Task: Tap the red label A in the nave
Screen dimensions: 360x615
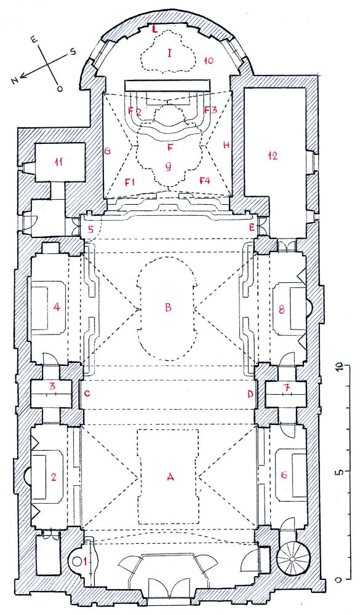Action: click(170, 477)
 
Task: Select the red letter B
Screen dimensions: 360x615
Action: click(169, 307)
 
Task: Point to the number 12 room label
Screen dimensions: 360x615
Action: click(273, 156)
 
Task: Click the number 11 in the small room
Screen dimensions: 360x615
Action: click(59, 162)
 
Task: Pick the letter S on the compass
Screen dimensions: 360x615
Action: click(73, 52)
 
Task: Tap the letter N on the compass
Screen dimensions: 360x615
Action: click(15, 81)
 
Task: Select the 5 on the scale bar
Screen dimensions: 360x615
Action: click(341, 471)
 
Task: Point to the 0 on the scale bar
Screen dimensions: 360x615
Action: click(340, 579)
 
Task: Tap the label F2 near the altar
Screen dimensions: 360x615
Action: click(135, 111)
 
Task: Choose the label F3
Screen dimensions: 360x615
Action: click(211, 109)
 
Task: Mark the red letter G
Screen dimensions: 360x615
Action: click(107, 150)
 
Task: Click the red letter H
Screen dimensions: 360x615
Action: click(226, 145)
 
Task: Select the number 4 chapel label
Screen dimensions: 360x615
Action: click(57, 307)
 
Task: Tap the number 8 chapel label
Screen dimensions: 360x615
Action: click(281, 310)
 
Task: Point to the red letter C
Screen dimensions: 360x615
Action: click(87, 394)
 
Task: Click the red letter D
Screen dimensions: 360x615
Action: click(250, 394)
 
